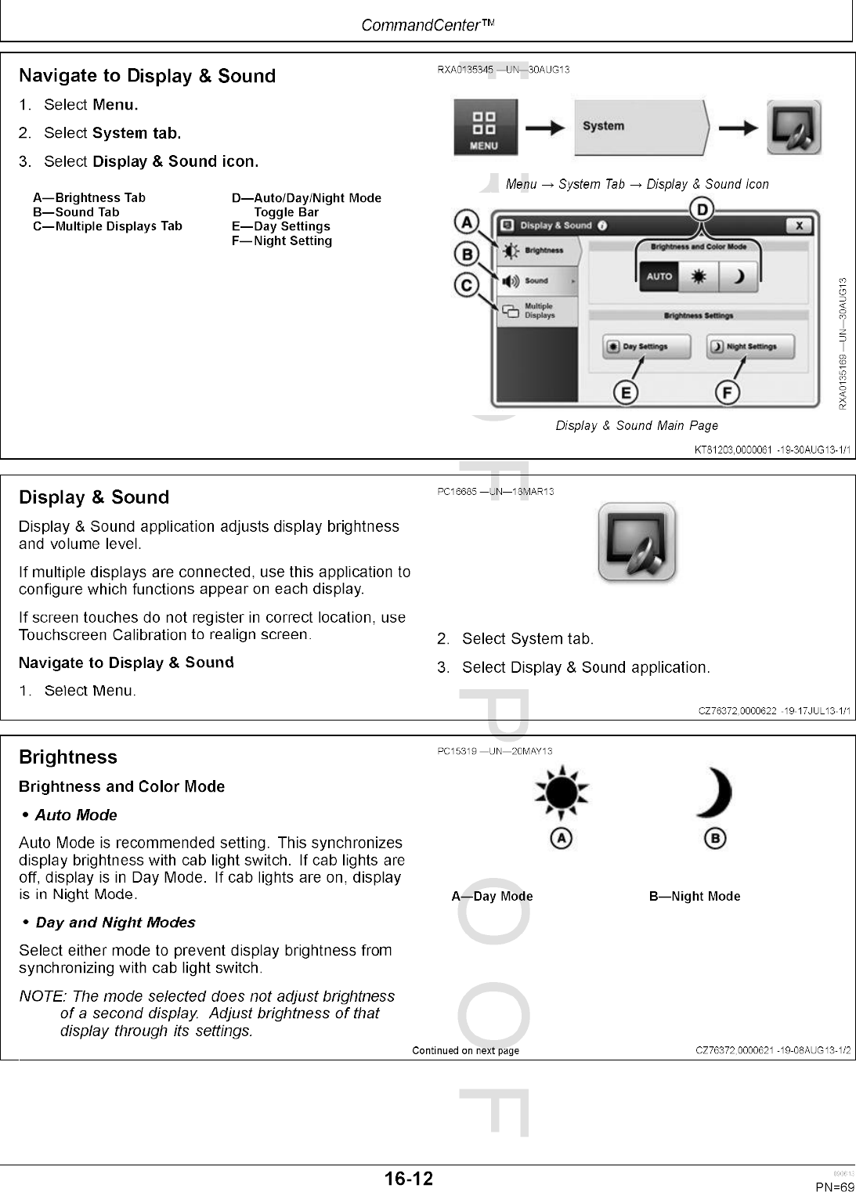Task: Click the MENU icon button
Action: pos(485,127)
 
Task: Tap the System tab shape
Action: pos(642,127)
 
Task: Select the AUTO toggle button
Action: pos(659,276)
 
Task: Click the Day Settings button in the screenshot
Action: pos(646,346)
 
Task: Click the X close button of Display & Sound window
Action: pos(798,226)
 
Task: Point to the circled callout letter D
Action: pos(702,209)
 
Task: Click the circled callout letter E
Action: pos(625,392)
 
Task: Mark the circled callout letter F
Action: pos(728,392)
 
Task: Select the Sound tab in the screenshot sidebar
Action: pos(536,280)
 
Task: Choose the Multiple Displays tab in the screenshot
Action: pos(536,311)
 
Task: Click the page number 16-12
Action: pos(408,1179)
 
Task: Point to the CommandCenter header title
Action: pos(428,25)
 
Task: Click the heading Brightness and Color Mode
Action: pos(121,786)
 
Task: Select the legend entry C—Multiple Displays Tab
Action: pos(107,226)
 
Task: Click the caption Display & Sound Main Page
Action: pos(637,425)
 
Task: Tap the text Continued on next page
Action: pos(465,1050)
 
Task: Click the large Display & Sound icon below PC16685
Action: pos(637,542)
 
